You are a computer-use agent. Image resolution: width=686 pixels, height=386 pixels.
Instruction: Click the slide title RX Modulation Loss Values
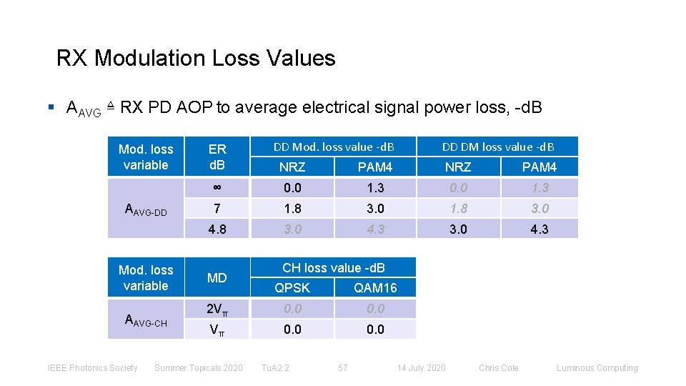click(x=196, y=58)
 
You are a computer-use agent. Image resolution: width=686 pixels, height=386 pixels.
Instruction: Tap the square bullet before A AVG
click(x=51, y=108)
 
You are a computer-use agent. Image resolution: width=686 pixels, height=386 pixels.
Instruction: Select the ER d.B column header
click(x=217, y=157)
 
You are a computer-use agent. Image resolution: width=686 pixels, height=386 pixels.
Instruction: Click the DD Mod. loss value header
click(x=334, y=147)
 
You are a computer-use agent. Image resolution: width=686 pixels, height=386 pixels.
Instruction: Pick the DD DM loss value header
click(x=498, y=147)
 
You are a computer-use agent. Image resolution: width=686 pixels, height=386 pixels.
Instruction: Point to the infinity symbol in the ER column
click(x=217, y=188)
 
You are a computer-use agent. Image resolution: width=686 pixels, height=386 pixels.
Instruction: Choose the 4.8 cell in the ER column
click(x=217, y=229)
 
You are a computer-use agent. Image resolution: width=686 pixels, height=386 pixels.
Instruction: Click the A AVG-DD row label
click(x=146, y=209)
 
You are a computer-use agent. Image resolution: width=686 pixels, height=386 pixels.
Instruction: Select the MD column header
click(x=217, y=277)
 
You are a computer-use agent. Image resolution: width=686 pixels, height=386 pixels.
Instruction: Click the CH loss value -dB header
click(x=334, y=268)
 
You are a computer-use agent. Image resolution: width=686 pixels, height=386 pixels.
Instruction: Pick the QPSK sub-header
click(x=292, y=288)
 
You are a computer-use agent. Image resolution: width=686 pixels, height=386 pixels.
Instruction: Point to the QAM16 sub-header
click(x=375, y=288)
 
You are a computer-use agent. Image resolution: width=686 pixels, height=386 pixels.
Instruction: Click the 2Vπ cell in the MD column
click(x=217, y=310)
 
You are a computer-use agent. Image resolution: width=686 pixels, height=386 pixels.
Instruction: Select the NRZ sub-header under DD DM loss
click(x=458, y=167)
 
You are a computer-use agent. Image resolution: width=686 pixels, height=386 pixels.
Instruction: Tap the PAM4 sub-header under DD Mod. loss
click(x=375, y=167)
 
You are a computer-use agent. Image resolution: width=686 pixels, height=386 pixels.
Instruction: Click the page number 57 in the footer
click(x=343, y=368)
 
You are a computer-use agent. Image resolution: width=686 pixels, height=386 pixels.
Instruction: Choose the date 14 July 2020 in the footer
click(x=421, y=368)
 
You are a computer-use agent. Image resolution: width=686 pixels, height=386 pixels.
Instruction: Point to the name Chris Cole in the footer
click(x=499, y=368)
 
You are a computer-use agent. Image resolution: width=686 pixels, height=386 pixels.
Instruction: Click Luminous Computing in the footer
click(x=597, y=368)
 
